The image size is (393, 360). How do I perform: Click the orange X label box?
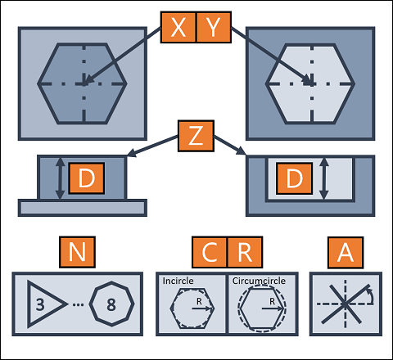(178, 27)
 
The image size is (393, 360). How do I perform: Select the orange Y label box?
(214, 27)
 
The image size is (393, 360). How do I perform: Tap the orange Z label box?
(196, 136)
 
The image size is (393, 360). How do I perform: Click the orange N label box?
(77, 252)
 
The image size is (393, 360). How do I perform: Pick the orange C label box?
(210, 252)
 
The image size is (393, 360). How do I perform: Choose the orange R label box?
(245, 252)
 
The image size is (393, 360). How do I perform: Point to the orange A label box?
(346, 253)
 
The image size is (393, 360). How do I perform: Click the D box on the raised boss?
(87, 178)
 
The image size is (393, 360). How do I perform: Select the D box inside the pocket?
(295, 178)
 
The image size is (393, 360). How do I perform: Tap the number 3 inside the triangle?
(40, 304)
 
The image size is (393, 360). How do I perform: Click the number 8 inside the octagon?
(111, 304)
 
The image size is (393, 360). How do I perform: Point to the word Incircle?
(178, 281)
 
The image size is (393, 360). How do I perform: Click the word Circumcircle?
(259, 281)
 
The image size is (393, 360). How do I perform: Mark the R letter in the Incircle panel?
(199, 301)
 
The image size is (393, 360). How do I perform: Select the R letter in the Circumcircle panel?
(272, 301)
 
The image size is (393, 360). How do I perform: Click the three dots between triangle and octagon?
(79, 304)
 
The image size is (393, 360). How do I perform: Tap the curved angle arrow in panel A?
(372, 295)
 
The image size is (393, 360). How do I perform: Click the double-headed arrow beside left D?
(60, 178)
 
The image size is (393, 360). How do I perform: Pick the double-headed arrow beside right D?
(324, 178)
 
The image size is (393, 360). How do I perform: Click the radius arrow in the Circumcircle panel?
(273, 308)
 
